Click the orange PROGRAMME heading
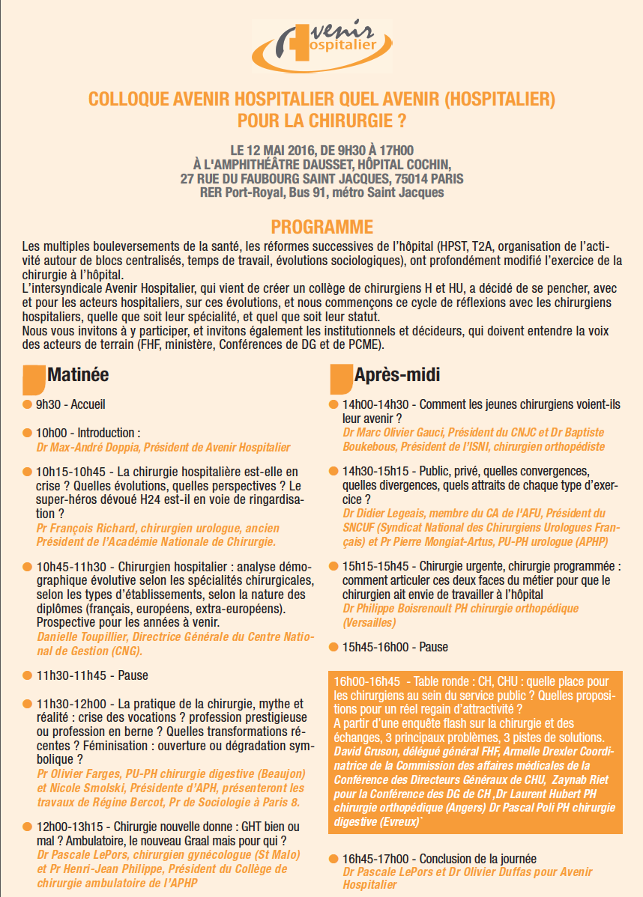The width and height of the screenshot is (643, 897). (321, 226)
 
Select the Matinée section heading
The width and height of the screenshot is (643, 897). (78, 374)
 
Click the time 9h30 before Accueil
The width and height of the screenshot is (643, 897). (49, 404)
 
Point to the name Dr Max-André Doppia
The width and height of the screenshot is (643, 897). (88, 448)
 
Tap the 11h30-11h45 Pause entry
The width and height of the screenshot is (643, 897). (92, 675)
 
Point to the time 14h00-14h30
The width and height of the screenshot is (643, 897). (378, 404)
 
